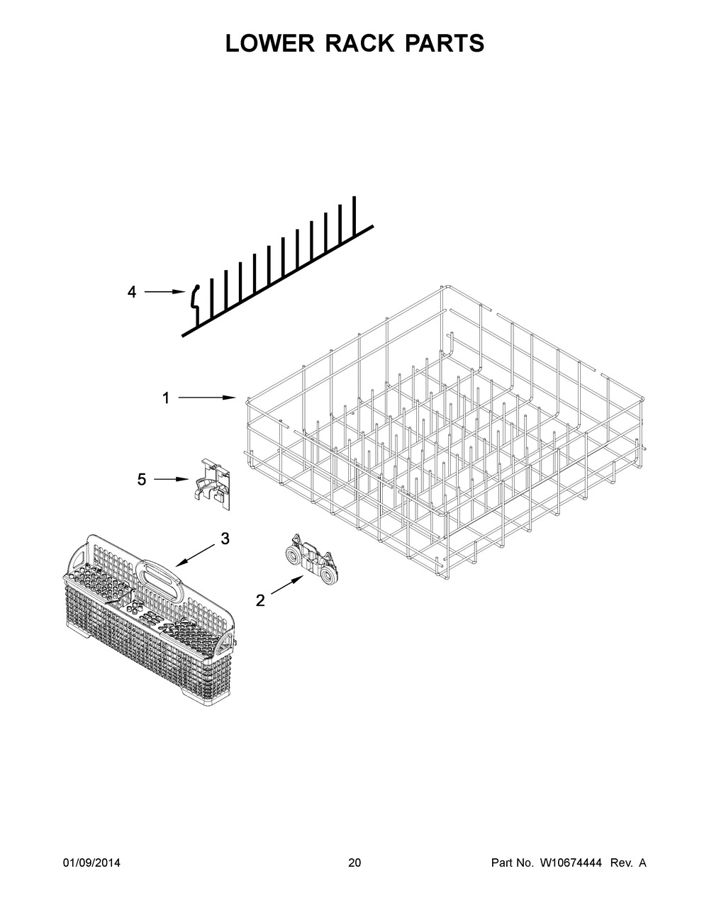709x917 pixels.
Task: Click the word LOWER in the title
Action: click(271, 43)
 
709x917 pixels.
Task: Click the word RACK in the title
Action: click(360, 43)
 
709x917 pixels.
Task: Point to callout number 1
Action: click(166, 398)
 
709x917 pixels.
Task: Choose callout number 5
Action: click(142, 479)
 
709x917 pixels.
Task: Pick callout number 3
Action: click(225, 539)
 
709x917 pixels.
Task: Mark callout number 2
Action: click(260, 600)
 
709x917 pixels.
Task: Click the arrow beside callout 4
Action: click(165, 291)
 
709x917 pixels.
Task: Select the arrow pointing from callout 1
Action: click(207, 398)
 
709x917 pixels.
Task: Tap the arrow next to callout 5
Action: click(171, 479)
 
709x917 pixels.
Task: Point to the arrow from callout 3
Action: click(196, 555)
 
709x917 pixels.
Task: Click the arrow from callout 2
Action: click(287, 585)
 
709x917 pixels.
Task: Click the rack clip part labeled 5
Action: click(213, 485)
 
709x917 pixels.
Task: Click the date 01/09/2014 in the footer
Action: click(91, 862)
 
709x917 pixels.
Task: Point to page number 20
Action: click(354, 862)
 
